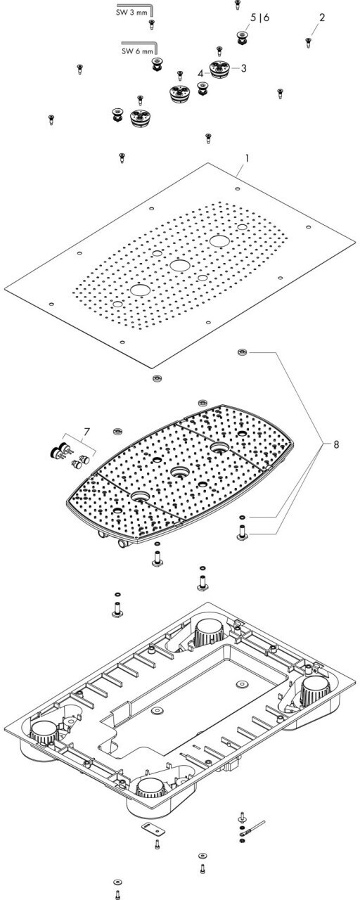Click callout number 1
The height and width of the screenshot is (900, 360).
point(247,158)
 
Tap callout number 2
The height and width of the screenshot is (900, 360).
point(322,18)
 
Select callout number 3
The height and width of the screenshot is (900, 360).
point(243,68)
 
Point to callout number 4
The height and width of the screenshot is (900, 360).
point(200,73)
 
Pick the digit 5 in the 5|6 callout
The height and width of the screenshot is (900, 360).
point(253,18)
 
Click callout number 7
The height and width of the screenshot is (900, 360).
point(86,432)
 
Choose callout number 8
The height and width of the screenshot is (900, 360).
point(336,444)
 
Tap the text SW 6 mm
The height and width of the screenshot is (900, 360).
point(137,51)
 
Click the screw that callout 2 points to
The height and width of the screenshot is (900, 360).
point(308,41)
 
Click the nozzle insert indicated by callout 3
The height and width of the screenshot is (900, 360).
point(219,69)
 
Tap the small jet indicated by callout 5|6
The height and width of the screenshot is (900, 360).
point(242,37)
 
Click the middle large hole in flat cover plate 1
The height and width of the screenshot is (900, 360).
point(179,265)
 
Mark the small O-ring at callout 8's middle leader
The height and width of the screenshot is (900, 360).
point(240,517)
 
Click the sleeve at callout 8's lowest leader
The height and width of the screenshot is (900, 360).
point(242,533)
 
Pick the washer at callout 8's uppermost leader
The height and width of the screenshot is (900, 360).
point(243,352)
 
